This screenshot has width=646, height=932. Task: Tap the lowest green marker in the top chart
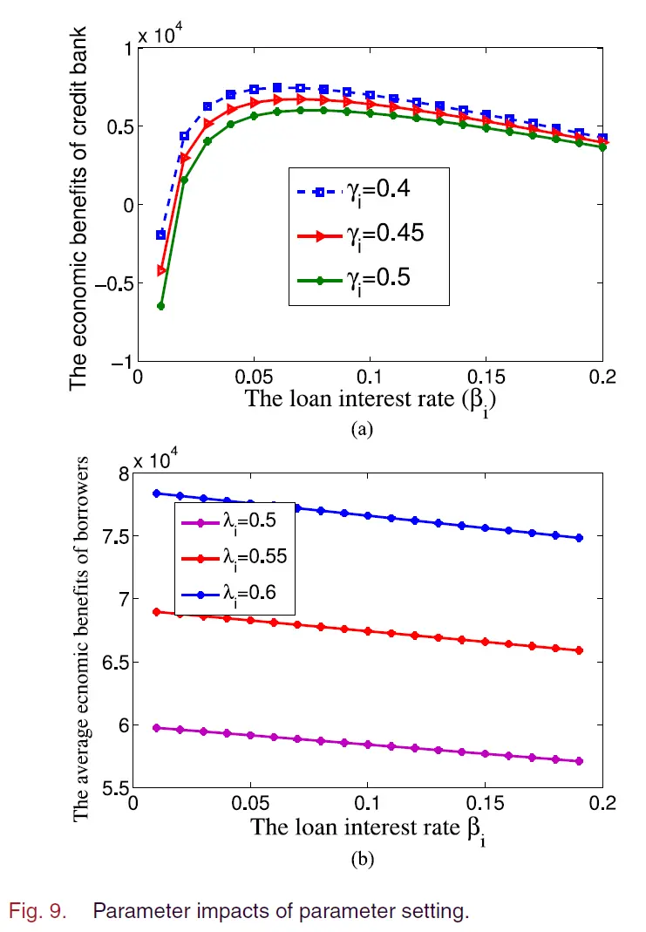(161, 306)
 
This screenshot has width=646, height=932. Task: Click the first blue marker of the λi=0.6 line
(157, 493)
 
